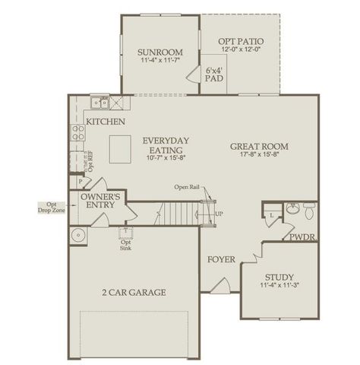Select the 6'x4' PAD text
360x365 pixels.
pyautogui.click(x=213, y=74)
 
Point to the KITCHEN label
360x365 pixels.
pyautogui.click(x=106, y=122)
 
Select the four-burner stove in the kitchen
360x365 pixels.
pyautogui.click(x=77, y=134)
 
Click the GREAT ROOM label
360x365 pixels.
pyautogui.click(x=261, y=146)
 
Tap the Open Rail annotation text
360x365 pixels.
pyautogui.click(x=187, y=187)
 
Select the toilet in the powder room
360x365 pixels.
pyautogui.click(x=309, y=207)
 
